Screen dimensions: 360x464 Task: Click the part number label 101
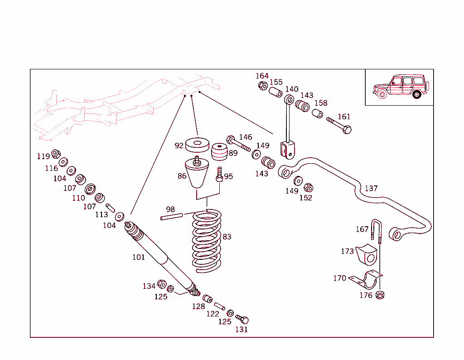(138, 257)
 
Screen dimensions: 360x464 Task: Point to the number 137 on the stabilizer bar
(371, 188)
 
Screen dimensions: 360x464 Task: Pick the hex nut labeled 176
(381, 295)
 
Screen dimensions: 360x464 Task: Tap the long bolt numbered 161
(339, 125)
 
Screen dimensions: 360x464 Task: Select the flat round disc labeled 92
(198, 145)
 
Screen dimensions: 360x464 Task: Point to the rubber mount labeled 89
(220, 152)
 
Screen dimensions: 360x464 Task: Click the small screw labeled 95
(219, 174)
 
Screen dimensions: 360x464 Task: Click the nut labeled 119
(56, 153)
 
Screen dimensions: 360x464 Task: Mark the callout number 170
(339, 278)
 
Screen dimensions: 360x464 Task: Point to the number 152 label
(305, 198)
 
